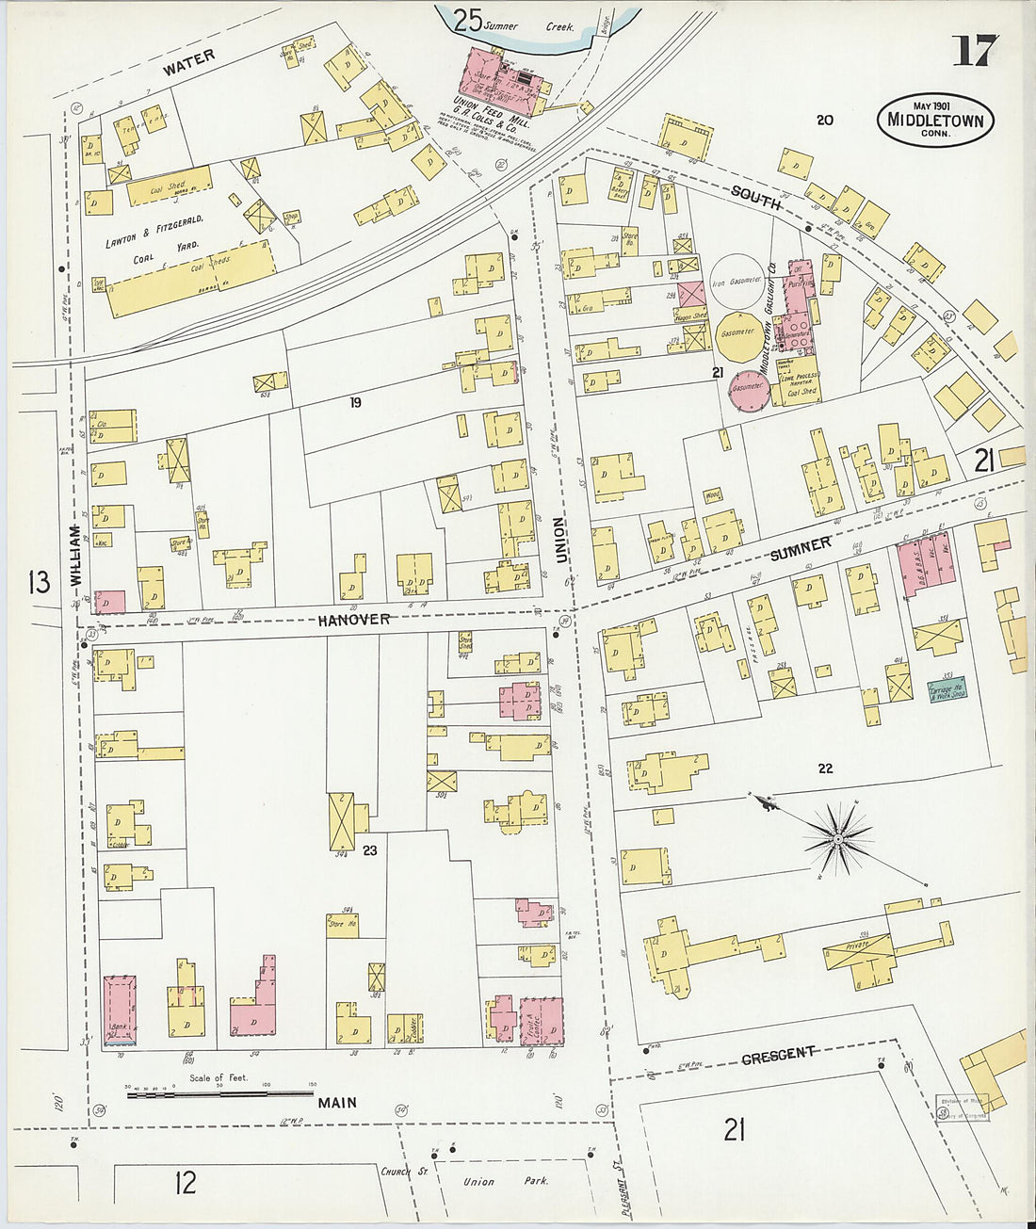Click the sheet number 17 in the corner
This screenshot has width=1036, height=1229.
click(x=973, y=51)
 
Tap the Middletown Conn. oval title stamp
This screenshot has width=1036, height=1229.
click(x=935, y=121)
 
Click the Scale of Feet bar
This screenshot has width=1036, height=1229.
click(x=219, y=1093)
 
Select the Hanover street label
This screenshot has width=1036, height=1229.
click(x=353, y=620)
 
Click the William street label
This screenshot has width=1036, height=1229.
click(x=76, y=557)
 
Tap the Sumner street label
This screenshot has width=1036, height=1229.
click(x=801, y=548)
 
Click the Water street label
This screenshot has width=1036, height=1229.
click(x=188, y=63)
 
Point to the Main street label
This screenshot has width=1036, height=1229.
click(x=336, y=1102)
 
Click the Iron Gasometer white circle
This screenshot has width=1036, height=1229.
click(x=737, y=282)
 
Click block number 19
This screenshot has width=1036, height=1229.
click(x=355, y=403)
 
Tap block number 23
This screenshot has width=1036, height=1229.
click(x=370, y=850)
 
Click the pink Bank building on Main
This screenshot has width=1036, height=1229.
click(x=119, y=1011)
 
